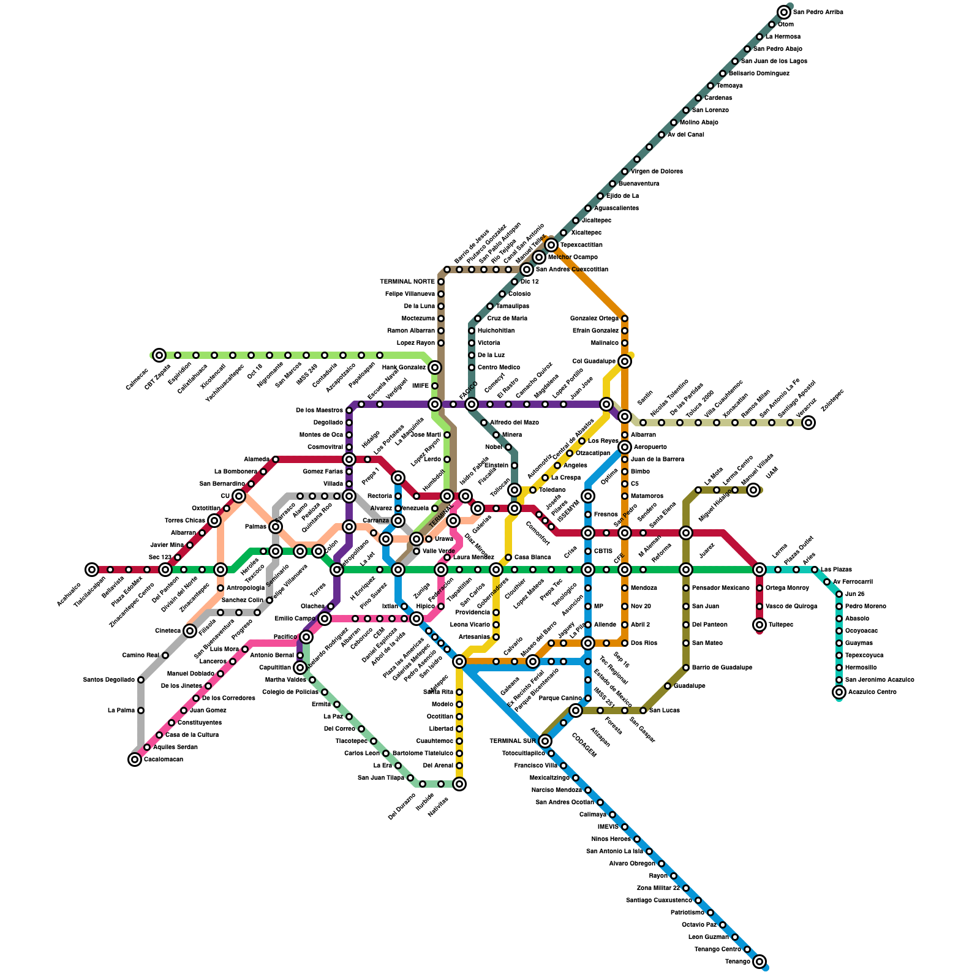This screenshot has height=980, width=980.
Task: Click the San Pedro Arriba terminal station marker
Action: (784, 12)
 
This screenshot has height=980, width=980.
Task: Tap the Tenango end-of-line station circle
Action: (759, 962)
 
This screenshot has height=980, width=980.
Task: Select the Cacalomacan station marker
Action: (135, 759)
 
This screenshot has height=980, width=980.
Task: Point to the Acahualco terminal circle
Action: (92, 570)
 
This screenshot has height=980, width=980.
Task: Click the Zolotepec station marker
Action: (809, 423)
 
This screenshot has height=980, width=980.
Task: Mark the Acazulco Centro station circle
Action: (839, 692)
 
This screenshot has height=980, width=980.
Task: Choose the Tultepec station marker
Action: (759, 625)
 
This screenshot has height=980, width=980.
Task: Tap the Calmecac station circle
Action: (159, 355)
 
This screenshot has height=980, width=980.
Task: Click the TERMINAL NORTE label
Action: (407, 282)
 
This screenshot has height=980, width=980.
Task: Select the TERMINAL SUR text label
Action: (512, 741)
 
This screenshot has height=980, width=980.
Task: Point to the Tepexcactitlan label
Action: (581, 245)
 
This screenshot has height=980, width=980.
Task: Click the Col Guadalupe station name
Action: (594, 361)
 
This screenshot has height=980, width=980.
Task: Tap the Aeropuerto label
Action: (650, 447)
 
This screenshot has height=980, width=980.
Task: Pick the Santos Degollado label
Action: (108, 680)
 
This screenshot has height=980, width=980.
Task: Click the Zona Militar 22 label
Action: (658, 888)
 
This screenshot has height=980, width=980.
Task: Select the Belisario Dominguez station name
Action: (759, 73)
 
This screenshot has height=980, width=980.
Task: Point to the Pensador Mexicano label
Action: (720, 588)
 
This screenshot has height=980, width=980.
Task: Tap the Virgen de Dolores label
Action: (657, 171)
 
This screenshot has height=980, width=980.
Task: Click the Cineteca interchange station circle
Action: (190, 631)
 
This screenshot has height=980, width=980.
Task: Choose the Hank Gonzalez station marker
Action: (435, 367)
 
